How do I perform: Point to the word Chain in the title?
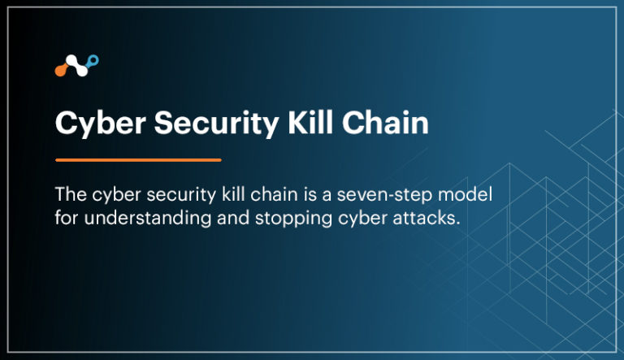coord(386,124)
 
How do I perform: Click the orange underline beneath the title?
coord(138,160)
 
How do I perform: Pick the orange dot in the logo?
coord(61,71)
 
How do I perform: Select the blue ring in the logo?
coord(94,59)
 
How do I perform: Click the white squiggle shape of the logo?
coord(77,65)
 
